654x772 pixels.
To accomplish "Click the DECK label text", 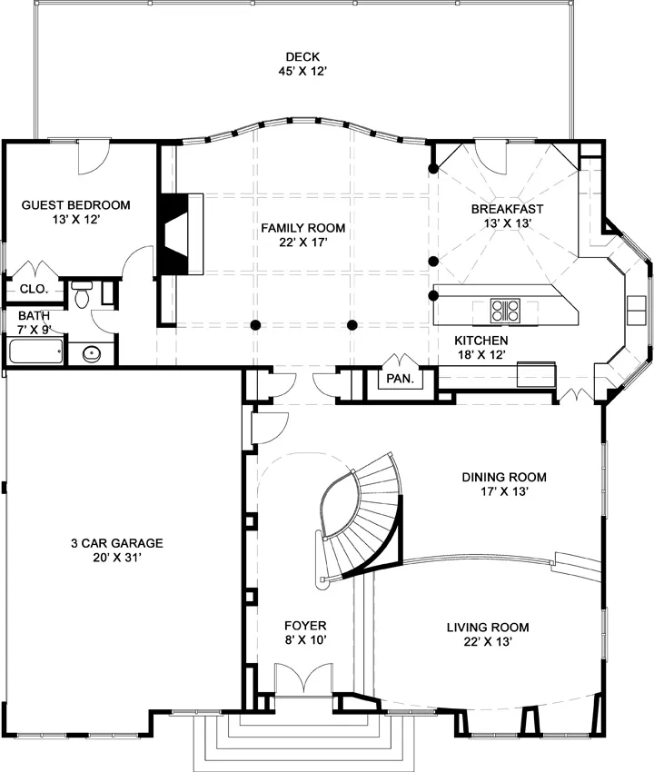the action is (302, 57).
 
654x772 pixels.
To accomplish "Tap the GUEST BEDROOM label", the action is (75, 205).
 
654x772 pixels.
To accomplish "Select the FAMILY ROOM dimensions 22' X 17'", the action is (302, 242).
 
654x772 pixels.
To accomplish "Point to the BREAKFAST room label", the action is (507, 209).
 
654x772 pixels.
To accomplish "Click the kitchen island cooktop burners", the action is (505, 311).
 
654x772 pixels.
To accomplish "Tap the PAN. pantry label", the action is (401, 379).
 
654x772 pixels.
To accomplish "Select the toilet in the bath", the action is (81, 294).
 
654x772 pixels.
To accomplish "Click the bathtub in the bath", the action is (36, 351).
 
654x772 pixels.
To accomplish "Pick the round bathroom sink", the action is (92, 353).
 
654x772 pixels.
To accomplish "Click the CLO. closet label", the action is (34, 289).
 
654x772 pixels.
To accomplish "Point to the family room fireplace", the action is (180, 233).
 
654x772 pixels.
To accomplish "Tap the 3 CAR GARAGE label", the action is (117, 543).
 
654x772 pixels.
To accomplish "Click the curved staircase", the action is (362, 517).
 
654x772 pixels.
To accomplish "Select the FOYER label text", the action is (305, 626).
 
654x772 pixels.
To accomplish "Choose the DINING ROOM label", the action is (504, 477).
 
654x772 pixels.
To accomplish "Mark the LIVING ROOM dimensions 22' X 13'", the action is (488, 641).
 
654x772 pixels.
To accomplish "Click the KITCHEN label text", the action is (481, 341).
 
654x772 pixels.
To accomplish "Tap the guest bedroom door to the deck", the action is (93, 157).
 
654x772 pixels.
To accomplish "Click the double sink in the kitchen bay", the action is (636, 311).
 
